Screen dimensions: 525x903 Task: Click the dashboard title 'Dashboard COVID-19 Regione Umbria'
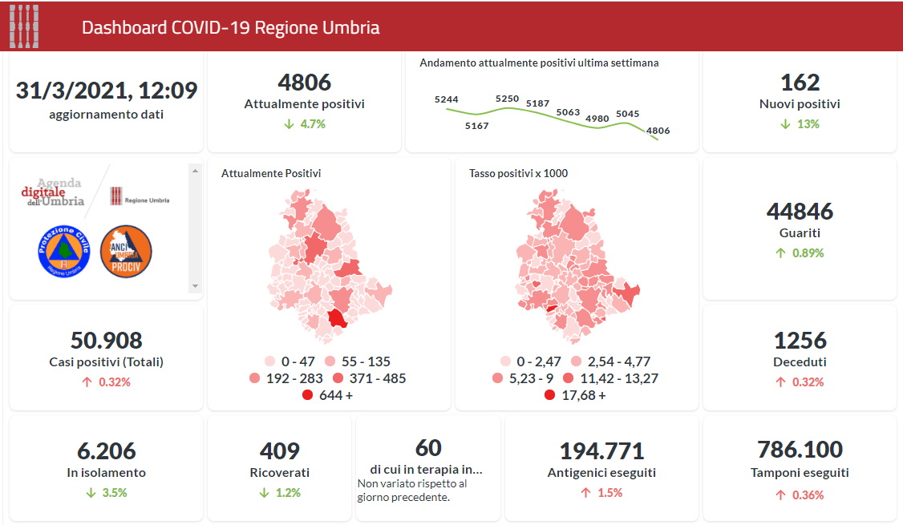(x=230, y=27)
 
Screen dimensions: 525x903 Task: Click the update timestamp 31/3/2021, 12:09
(x=106, y=90)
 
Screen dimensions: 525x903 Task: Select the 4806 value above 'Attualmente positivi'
(x=304, y=82)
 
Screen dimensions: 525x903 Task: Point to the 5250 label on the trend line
(x=507, y=99)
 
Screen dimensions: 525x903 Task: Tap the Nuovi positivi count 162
(x=800, y=82)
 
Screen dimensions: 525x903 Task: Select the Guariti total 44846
(x=800, y=211)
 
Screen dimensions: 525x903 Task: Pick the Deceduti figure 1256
(x=800, y=340)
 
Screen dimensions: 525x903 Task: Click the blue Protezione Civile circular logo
(x=62, y=252)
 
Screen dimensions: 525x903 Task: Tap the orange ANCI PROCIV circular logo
(x=126, y=252)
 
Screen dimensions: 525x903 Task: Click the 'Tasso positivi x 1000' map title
(x=518, y=173)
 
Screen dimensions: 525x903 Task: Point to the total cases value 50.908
(x=106, y=340)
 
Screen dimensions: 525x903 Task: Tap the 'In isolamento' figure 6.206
(x=106, y=450)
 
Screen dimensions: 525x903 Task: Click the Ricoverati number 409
(x=280, y=450)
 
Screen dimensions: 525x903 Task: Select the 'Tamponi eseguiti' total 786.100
(x=800, y=449)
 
